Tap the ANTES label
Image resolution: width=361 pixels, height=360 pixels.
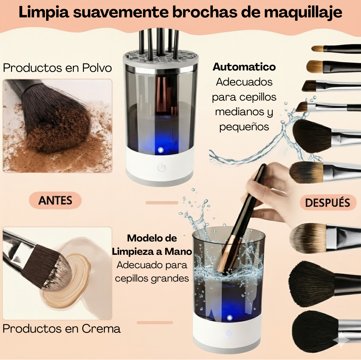[x=55, y=200]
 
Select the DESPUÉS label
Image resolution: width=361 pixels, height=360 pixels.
[x=328, y=203]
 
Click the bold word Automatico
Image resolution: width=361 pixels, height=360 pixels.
[x=244, y=67]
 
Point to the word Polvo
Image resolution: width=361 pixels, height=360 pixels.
[x=97, y=68]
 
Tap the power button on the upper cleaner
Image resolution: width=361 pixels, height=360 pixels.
[x=162, y=168]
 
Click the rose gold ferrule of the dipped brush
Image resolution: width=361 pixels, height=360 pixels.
[x=225, y=254]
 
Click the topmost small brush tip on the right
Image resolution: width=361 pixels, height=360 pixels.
[x=318, y=48]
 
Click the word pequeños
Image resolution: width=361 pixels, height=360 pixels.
[x=244, y=127]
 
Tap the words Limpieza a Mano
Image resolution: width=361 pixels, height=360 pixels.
[x=152, y=251]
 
